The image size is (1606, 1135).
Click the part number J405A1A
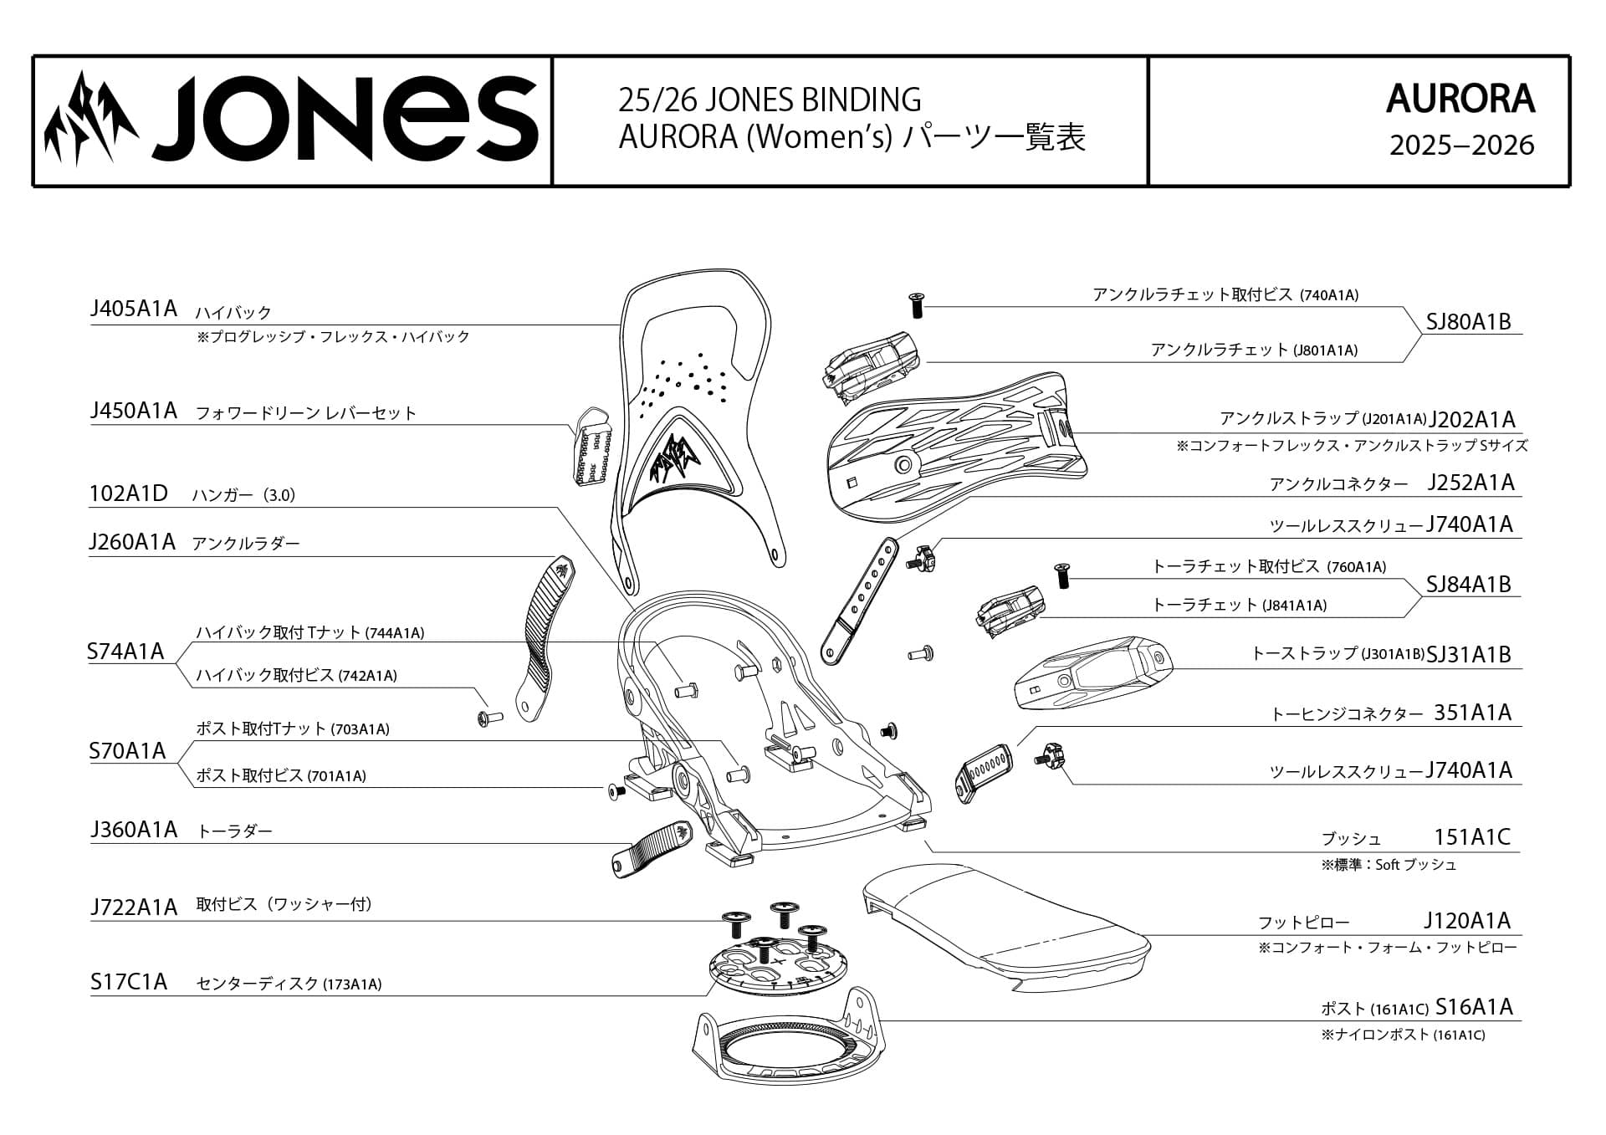(134, 309)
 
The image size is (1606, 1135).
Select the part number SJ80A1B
(1468, 322)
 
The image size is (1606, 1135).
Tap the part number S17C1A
(129, 982)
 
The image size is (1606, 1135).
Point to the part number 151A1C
(1472, 837)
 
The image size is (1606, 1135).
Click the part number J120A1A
(1467, 921)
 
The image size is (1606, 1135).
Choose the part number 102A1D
(129, 493)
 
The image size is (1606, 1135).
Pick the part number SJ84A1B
(1468, 585)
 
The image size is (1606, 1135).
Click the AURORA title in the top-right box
(1460, 99)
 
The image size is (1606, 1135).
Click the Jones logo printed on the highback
(676, 456)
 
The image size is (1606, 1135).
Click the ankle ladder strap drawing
(542, 636)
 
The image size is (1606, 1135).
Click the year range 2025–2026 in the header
(1461, 146)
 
